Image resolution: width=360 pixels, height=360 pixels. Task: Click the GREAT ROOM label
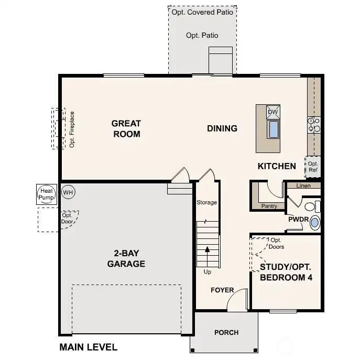[126, 128]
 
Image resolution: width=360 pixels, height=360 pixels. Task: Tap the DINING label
[222, 128]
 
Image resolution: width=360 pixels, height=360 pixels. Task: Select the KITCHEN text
[277, 166]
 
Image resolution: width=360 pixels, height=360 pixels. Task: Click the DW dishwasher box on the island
[273, 112]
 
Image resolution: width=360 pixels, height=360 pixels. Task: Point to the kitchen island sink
[273, 129]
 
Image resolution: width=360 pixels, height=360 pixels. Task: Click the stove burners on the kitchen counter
[314, 124]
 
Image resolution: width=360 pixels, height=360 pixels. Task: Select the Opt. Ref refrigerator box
[313, 166]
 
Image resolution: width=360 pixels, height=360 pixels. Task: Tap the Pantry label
[269, 206]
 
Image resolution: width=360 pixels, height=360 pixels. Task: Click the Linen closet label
[303, 186]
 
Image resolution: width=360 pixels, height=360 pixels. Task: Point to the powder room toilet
[312, 205]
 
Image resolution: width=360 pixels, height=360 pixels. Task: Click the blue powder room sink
[314, 223]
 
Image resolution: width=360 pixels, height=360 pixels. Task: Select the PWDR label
[297, 220]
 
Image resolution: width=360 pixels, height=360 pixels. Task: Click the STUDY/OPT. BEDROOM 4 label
[286, 272]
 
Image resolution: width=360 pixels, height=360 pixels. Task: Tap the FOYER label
[222, 290]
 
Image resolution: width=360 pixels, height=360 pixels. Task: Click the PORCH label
[226, 332]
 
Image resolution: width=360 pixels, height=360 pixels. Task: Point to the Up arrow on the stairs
[208, 257]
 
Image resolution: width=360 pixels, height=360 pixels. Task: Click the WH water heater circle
[68, 192]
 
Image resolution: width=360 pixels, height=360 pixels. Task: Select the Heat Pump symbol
[46, 194]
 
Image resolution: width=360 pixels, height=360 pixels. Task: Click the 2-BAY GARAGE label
[126, 259]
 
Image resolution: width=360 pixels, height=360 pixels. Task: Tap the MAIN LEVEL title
[88, 347]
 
